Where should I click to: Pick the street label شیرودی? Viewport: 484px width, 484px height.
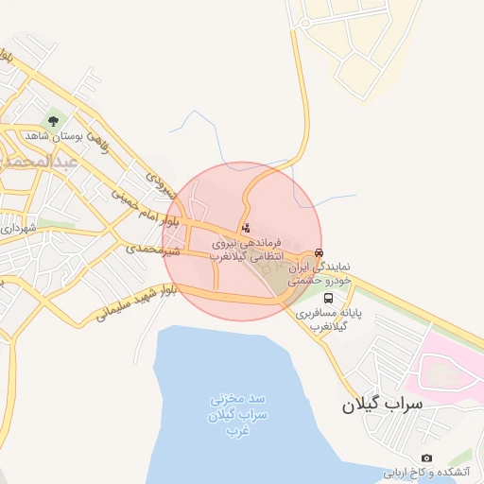click(162, 180)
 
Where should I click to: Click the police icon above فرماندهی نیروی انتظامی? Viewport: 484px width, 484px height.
click(247, 228)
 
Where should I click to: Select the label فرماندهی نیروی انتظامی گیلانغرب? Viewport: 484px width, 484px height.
click(251, 250)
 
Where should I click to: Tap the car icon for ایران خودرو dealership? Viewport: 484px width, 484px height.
click(321, 253)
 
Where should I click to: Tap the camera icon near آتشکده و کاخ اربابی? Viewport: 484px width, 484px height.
click(426, 458)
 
